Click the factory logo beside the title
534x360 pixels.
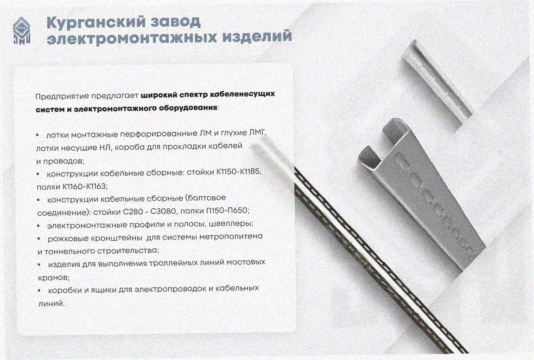pyautogui.click(x=22, y=30)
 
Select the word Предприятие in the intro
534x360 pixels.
pyautogui.click(x=62, y=96)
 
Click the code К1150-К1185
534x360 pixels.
pyautogui.click(x=239, y=172)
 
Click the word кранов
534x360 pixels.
pyautogui.click(x=54, y=277)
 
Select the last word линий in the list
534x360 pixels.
pyautogui.click(x=51, y=303)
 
